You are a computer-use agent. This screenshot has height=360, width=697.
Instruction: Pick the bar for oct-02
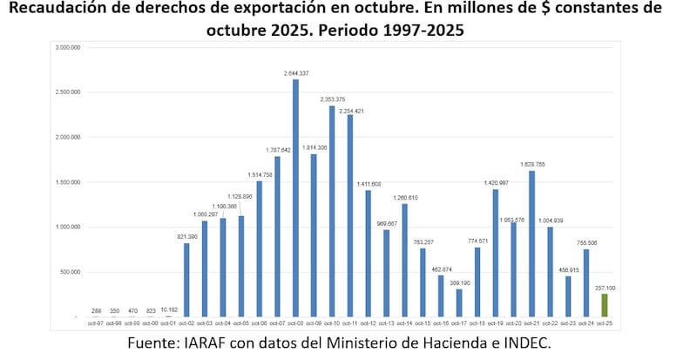pos(186,280)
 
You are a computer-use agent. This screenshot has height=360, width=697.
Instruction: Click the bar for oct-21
pos(531,244)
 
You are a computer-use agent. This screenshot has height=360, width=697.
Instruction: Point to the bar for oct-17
pos(458,302)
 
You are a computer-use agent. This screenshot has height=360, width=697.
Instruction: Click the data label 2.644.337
pos(296,72)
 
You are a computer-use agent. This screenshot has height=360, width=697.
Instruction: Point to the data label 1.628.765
pos(531,164)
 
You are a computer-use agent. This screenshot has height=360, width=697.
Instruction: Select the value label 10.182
pos(169,309)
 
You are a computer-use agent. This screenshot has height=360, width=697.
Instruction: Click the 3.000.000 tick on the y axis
pos(68,47)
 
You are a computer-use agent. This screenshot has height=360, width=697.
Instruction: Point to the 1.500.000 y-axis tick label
pos(68,182)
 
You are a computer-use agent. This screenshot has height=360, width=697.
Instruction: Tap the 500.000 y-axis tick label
pos(70,272)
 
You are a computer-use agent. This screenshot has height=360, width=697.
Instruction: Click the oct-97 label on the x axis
pos(96,324)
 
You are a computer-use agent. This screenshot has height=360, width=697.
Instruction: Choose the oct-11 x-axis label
pos(350,324)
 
